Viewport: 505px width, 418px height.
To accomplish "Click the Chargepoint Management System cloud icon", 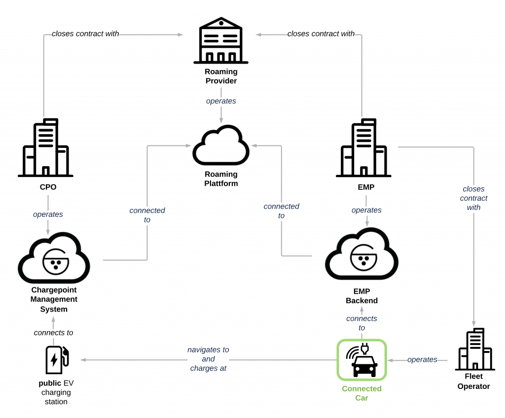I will click(x=54, y=259).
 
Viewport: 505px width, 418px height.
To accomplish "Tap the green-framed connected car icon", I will click(x=362, y=360).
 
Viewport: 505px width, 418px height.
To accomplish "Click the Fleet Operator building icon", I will click(x=474, y=349).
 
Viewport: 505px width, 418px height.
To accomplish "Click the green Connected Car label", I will click(x=362, y=393).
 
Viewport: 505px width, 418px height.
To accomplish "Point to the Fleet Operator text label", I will click(x=473, y=382).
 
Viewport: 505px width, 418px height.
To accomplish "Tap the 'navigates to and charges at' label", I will click(x=208, y=359).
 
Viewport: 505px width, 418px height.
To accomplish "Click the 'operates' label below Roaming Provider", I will click(x=221, y=101).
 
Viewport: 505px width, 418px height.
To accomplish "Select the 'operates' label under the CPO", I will click(x=48, y=214).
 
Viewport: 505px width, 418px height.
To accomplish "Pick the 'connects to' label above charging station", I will click(x=53, y=333).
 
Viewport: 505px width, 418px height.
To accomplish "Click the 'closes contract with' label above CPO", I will click(x=85, y=34).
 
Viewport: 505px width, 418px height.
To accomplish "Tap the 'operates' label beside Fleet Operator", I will click(x=422, y=359).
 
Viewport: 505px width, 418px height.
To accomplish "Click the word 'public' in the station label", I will click(x=50, y=383).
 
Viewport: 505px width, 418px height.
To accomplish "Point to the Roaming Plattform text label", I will click(x=221, y=179).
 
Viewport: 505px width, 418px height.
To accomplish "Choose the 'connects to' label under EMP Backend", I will click(x=362, y=323).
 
